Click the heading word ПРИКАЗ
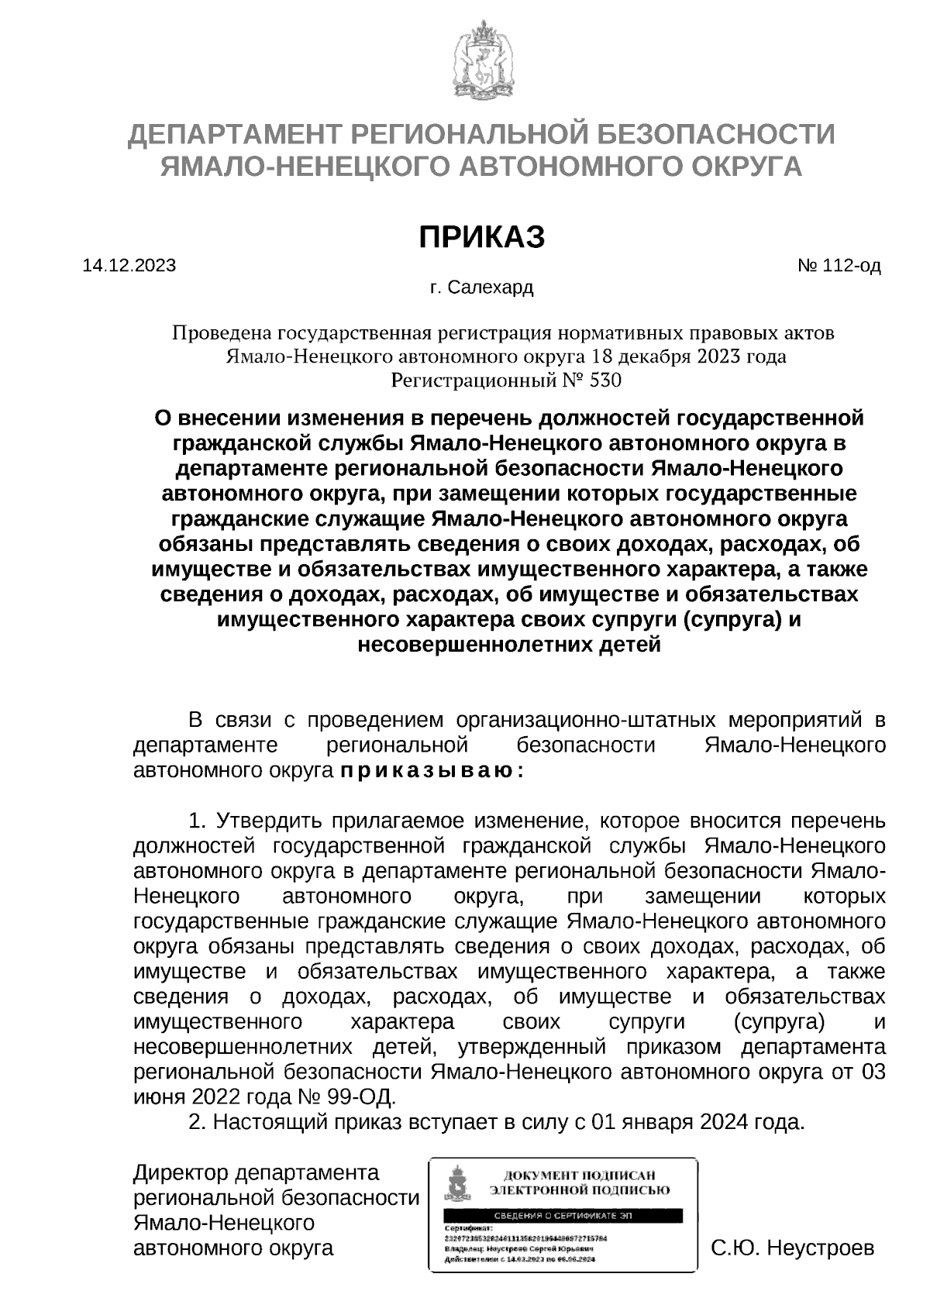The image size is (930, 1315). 481,237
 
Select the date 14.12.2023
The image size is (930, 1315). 129,266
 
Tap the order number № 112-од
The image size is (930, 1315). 839,266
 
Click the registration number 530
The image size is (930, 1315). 606,380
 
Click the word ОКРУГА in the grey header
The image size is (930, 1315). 744,166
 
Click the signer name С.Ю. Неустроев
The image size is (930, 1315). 793,1248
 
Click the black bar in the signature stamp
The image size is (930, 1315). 563,1216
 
